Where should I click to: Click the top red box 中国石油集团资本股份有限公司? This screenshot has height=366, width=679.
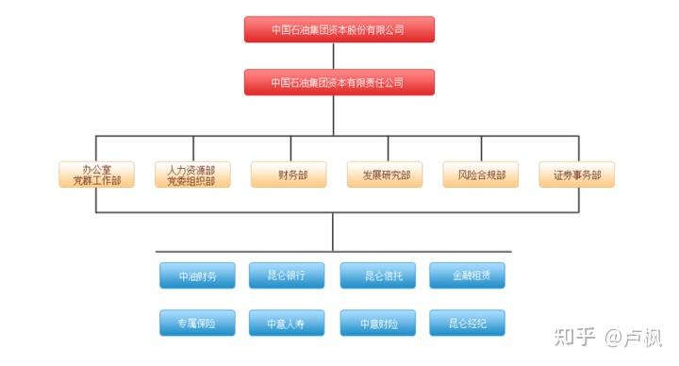point(339,29)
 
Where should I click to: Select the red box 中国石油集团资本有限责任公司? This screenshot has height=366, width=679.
point(339,82)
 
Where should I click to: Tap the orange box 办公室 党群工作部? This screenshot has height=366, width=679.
point(96,175)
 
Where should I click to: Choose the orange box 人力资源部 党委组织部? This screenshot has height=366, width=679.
point(192,175)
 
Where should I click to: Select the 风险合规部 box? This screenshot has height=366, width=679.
point(481,175)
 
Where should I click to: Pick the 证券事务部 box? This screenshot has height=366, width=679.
point(577,175)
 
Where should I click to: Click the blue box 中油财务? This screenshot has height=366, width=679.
point(197,276)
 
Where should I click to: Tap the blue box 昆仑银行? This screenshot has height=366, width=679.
point(287,276)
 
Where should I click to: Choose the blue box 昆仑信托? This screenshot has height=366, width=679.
point(377,276)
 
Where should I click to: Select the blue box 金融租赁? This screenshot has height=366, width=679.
point(467,276)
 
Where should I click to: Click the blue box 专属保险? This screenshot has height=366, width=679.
point(197,324)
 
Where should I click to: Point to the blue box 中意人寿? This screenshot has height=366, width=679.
point(287,324)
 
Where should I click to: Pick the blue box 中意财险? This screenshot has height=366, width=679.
point(377,324)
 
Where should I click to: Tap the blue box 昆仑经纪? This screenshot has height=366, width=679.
point(467,324)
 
